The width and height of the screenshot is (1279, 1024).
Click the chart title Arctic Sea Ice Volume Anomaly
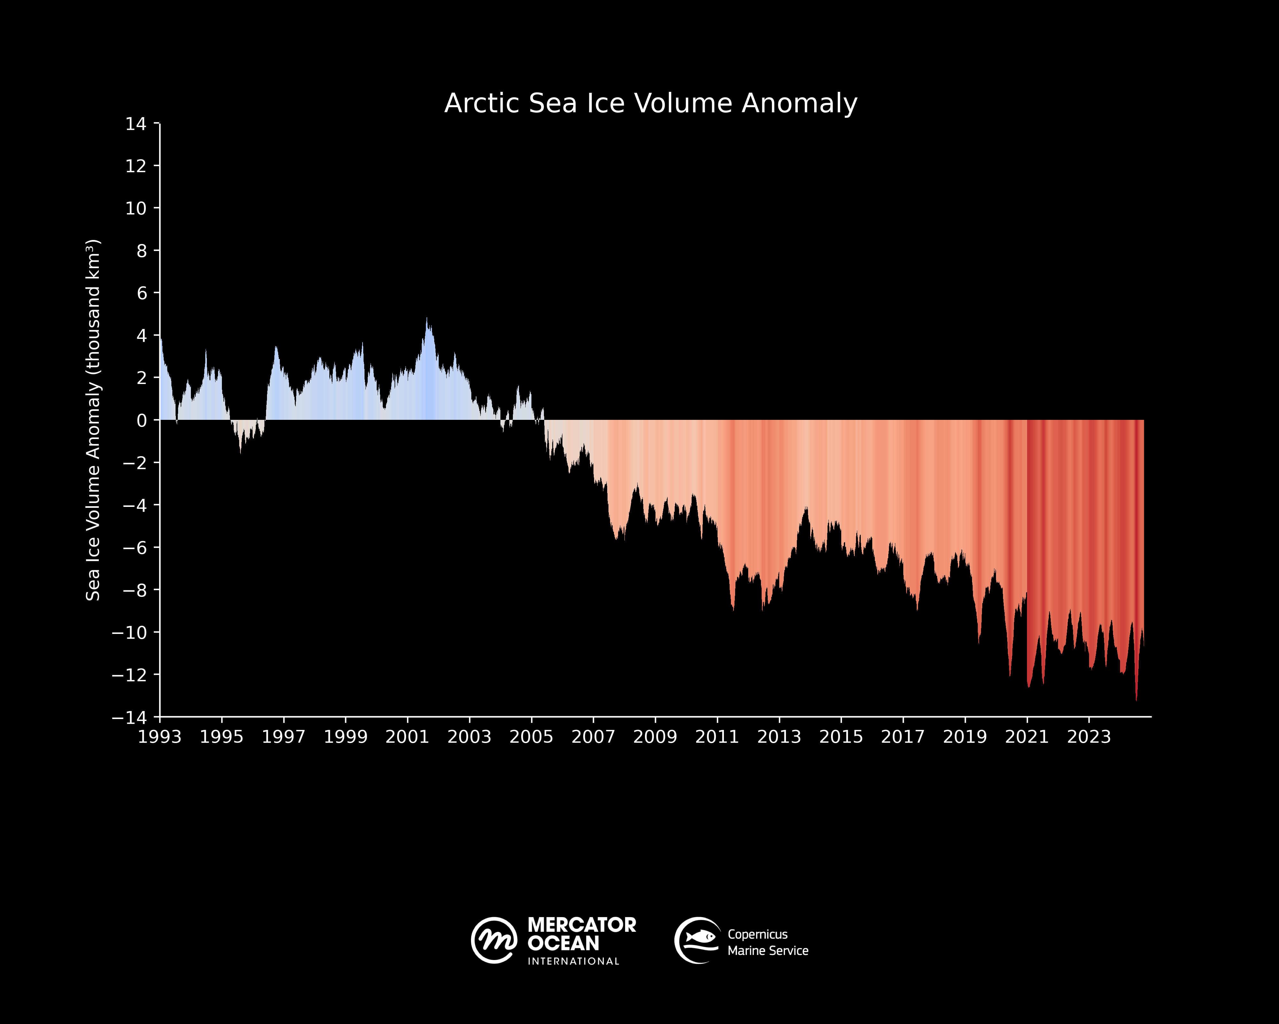click(x=651, y=103)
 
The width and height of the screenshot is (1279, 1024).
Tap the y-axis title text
click(x=93, y=420)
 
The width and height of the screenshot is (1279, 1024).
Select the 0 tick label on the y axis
click(x=141, y=420)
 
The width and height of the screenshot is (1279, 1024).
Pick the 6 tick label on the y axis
click(x=141, y=293)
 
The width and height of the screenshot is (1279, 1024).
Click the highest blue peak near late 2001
click(x=427, y=321)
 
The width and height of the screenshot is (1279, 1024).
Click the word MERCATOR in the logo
click(x=581, y=925)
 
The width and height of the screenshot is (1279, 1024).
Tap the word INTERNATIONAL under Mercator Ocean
click(x=573, y=961)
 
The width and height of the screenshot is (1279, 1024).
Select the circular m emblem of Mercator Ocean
click(x=494, y=940)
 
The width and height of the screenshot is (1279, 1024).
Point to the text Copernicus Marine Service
click(x=768, y=943)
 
